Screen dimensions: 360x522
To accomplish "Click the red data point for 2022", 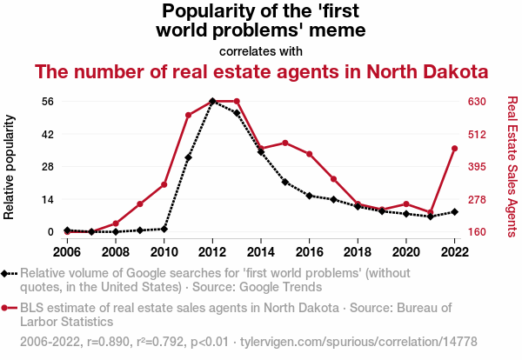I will pos(455,149).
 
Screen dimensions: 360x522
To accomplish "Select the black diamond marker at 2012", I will pos(212,102).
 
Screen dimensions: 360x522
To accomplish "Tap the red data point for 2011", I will pos(188,115).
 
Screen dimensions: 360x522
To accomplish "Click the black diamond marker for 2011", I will pos(188,157).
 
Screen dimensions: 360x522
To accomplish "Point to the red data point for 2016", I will pos(310,154).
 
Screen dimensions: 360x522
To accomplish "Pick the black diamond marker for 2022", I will pos(455,211).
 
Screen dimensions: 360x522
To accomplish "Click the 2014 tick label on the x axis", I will pos(261,251).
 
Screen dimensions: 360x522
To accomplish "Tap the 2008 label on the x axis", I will pos(116,251).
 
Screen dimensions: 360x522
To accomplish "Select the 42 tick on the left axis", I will pos(47,134).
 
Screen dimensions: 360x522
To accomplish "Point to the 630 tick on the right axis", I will pos(478,102).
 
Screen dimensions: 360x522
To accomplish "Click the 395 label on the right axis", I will pos(478,167).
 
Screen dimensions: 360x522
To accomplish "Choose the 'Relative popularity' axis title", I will pos(10,166).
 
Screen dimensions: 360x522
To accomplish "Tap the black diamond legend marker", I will pos(7,274).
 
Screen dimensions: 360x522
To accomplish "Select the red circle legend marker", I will pos(7,308).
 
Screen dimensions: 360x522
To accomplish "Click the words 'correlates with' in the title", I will pos(261,51).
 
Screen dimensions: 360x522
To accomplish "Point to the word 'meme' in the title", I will pos(336,30).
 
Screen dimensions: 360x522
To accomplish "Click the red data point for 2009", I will pos(140,203).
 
